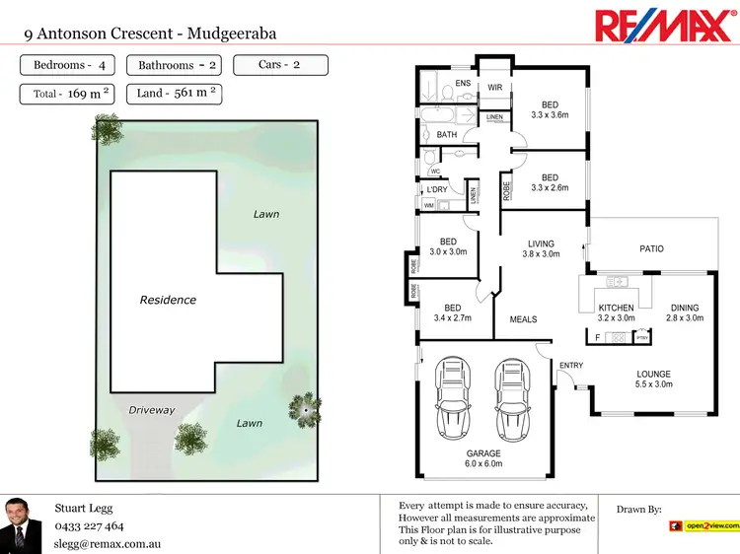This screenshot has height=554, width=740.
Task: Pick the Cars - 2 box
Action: (x=279, y=65)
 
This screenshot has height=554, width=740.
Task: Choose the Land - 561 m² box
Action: (x=178, y=94)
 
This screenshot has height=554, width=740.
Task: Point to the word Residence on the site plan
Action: (x=168, y=300)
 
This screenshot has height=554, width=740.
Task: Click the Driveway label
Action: (x=151, y=409)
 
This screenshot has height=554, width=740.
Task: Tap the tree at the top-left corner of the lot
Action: (x=106, y=128)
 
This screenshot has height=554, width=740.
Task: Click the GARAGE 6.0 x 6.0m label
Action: (x=483, y=458)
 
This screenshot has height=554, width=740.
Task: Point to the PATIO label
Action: (x=651, y=249)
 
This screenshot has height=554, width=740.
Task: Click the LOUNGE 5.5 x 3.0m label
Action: (x=653, y=380)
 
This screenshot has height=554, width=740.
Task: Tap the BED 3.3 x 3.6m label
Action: (x=550, y=109)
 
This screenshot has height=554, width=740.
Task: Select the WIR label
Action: (x=495, y=87)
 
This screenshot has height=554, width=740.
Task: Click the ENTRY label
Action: (x=571, y=366)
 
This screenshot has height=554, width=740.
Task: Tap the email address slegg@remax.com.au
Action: (x=108, y=543)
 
